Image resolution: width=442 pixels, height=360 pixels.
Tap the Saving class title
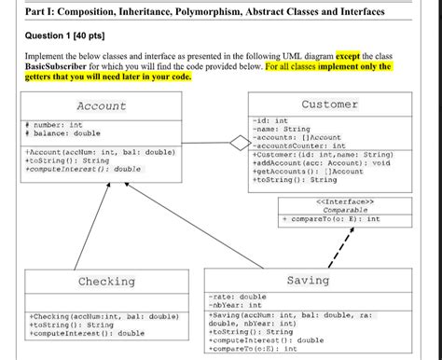point(307,280)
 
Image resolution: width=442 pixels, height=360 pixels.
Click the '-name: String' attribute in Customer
point(282,129)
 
